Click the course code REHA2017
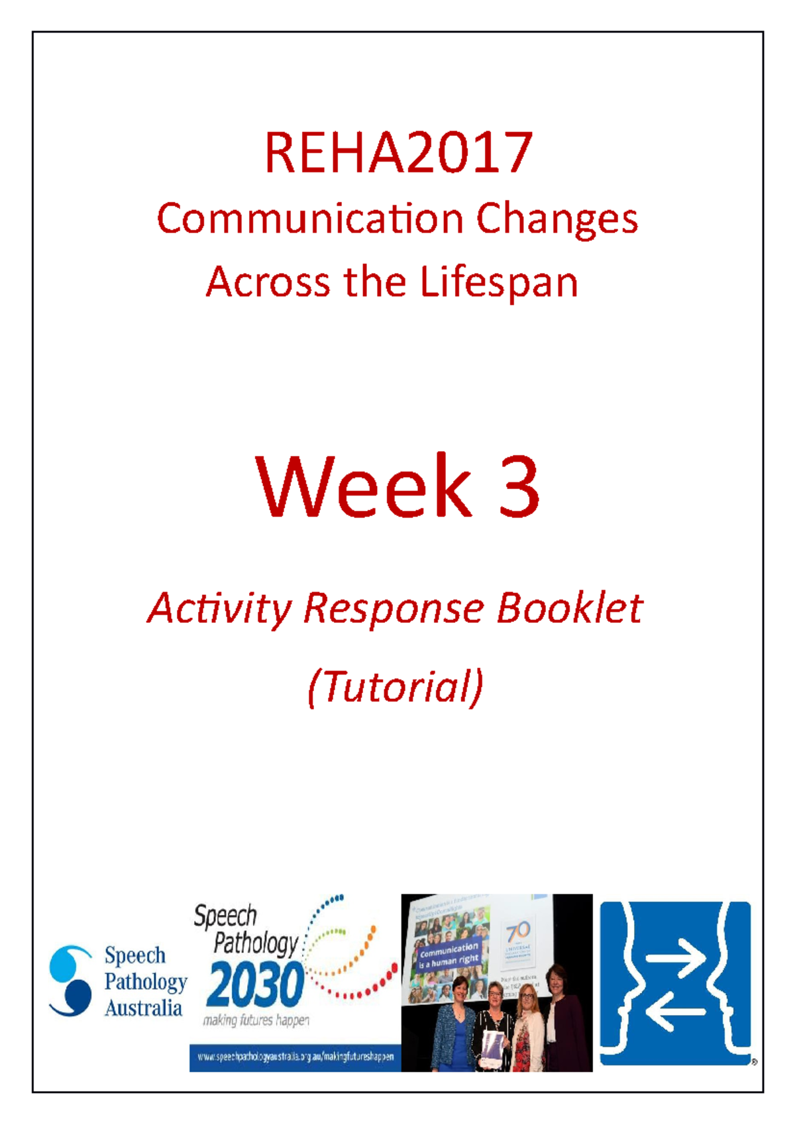[398, 153]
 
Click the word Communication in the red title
[309, 219]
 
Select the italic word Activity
[219, 609]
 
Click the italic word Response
[394, 608]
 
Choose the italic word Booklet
[570, 608]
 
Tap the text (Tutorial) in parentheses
[396, 686]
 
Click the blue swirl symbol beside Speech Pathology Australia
[70, 980]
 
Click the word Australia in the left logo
[143, 1008]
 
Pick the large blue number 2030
[255, 986]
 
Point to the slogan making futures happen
[256, 1020]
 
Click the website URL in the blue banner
[295, 1057]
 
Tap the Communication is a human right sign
[449, 954]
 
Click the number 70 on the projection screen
[518, 932]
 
